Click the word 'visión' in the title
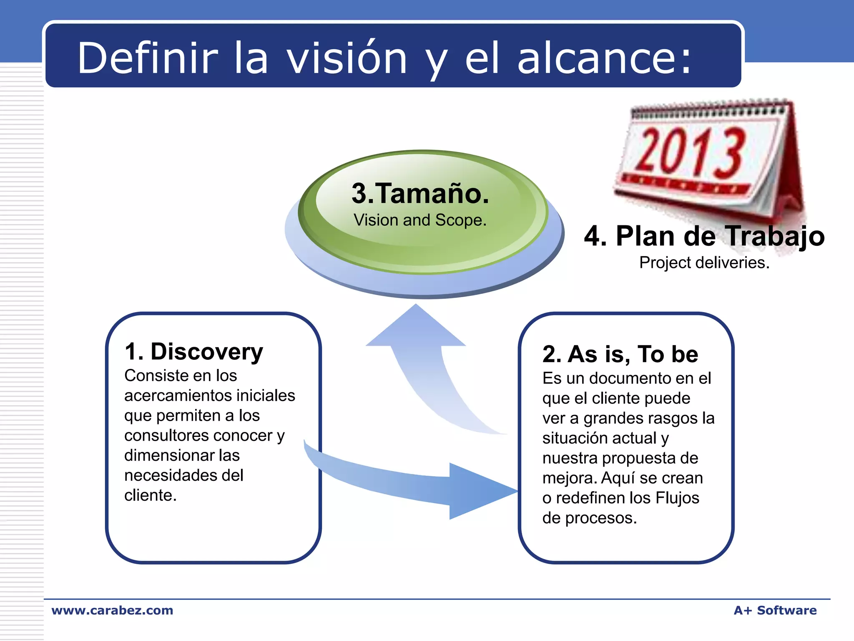(x=347, y=58)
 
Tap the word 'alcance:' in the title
(x=605, y=58)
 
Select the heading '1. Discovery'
(x=194, y=351)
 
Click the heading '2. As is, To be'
(x=620, y=354)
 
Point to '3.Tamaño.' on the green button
(x=420, y=194)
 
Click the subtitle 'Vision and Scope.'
(x=420, y=220)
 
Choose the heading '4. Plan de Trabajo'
(x=704, y=236)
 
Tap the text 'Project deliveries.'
(x=704, y=262)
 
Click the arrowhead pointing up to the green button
(x=416, y=328)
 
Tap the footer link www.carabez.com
(x=112, y=610)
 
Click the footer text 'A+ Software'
(x=775, y=610)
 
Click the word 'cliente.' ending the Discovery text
(x=150, y=495)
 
